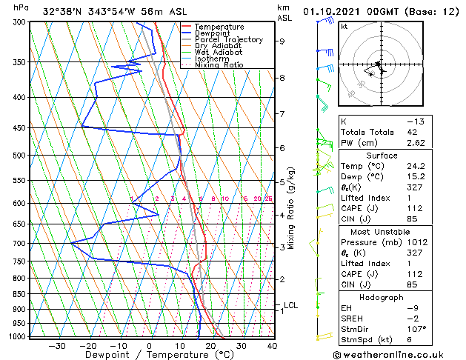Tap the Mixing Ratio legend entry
pos(219,65)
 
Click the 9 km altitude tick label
pos(282,41)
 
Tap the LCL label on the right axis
pos(290,305)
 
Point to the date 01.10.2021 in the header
pos(333,12)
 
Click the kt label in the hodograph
pos(344,26)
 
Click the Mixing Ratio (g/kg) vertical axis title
pos(291,207)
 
